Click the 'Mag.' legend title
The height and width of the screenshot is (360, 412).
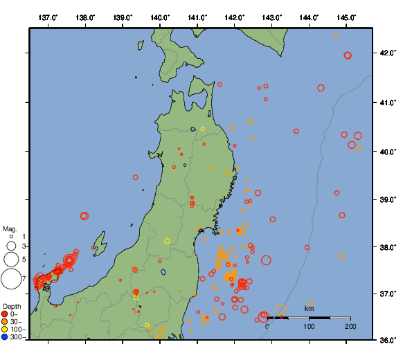click(10, 228)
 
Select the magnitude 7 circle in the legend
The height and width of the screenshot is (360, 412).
click(10, 279)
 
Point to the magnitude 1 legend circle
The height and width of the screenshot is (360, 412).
click(11, 237)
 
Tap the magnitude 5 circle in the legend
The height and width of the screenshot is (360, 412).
click(10, 259)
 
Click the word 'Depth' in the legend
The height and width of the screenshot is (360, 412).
click(12, 307)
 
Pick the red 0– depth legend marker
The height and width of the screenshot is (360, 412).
click(6, 314)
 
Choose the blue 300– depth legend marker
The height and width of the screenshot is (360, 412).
click(6, 337)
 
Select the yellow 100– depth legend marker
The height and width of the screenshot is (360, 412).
click(6, 330)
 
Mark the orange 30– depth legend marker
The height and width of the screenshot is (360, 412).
click(6, 322)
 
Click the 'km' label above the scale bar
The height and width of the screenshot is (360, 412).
click(310, 308)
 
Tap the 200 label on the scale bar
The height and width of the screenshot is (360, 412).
click(350, 325)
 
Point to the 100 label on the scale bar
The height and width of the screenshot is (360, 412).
click(310, 325)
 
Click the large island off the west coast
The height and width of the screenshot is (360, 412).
click(101, 245)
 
